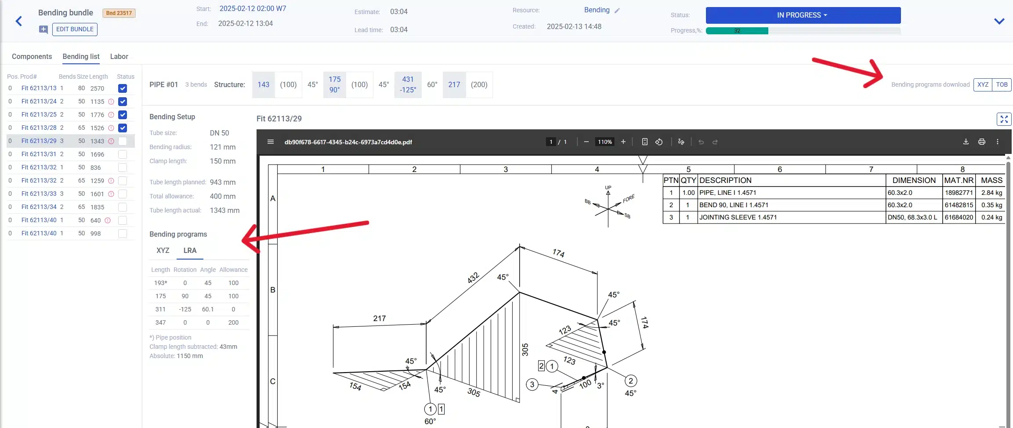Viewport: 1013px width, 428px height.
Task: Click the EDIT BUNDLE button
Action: pyautogui.click(x=75, y=29)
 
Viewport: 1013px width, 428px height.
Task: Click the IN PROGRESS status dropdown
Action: pyautogui.click(x=803, y=15)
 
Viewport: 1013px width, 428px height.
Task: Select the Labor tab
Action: pyautogui.click(x=119, y=56)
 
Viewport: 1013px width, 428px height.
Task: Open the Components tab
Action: pyautogui.click(x=32, y=56)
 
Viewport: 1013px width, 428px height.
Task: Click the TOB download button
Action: pyautogui.click(x=1002, y=84)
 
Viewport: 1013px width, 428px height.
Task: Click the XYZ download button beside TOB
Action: pyautogui.click(x=983, y=84)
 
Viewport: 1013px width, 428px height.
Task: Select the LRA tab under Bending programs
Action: pyautogui.click(x=190, y=250)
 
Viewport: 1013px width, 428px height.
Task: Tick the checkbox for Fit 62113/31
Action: pyautogui.click(x=123, y=154)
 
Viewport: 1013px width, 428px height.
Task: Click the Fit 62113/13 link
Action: pyautogui.click(x=39, y=88)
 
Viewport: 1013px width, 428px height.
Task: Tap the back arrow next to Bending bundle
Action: pyautogui.click(x=19, y=21)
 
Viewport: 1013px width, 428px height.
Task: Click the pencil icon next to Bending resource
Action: pyautogui.click(x=617, y=11)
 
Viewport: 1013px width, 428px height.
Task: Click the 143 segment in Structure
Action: pyautogui.click(x=263, y=84)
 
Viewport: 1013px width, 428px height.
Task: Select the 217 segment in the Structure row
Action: pyautogui.click(x=454, y=84)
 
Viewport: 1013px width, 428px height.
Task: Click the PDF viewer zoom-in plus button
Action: pyautogui.click(x=623, y=142)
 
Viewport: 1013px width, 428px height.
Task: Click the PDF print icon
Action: pyautogui.click(x=981, y=142)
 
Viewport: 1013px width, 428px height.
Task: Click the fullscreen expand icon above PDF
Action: pyautogui.click(x=1004, y=119)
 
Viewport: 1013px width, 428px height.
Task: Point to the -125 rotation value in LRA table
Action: pyautogui.click(x=185, y=309)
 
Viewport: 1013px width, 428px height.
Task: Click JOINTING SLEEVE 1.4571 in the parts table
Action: pyautogui.click(x=738, y=217)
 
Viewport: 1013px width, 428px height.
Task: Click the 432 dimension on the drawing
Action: pyautogui.click(x=473, y=278)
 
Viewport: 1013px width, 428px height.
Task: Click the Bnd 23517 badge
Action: pyautogui.click(x=119, y=13)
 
